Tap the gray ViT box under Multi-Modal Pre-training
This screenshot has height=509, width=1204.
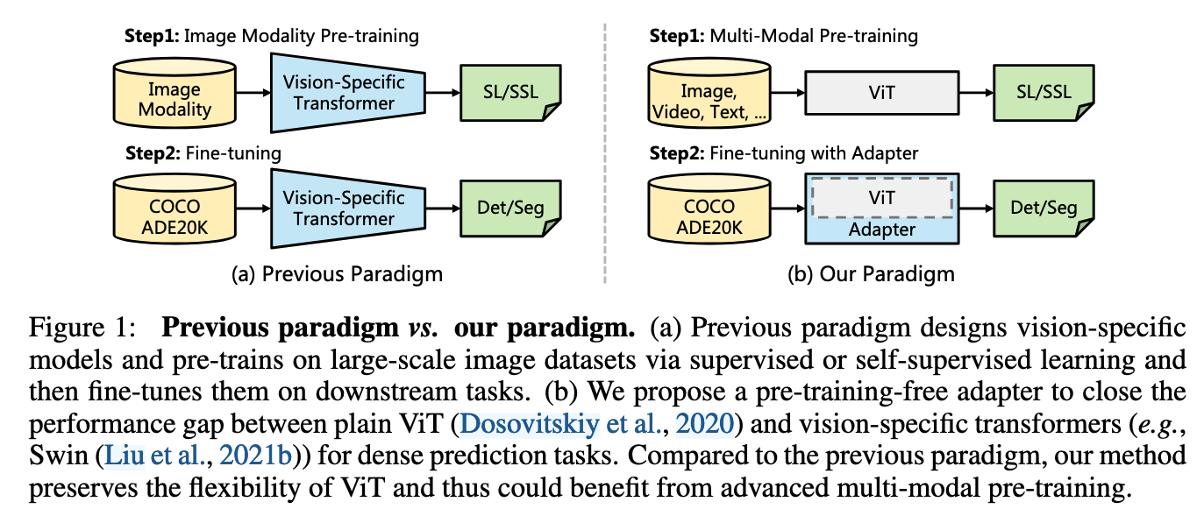pyautogui.click(x=882, y=91)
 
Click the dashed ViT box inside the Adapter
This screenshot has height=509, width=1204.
pyautogui.click(x=882, y=198)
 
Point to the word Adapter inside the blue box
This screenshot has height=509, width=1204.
pyautogui.click(x=882, y=230)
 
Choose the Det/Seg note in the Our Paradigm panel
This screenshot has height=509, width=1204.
pyautogui.click(x=1043, y=209)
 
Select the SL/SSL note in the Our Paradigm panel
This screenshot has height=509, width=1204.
pyautogui.click(x=1043, y=92)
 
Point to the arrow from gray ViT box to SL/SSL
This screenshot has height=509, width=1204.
pyautogui.click(x=976, y=91)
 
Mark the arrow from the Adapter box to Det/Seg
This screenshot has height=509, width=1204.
pyautogui.click(x=976, y=209)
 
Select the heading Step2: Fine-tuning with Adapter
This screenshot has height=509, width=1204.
pyautogui.click(x=783, y=153)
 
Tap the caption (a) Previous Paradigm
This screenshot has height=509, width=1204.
pyautogui.click(x=337, y=274)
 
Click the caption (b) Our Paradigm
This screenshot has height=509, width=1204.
pyautogui.click(x=872, y=274)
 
